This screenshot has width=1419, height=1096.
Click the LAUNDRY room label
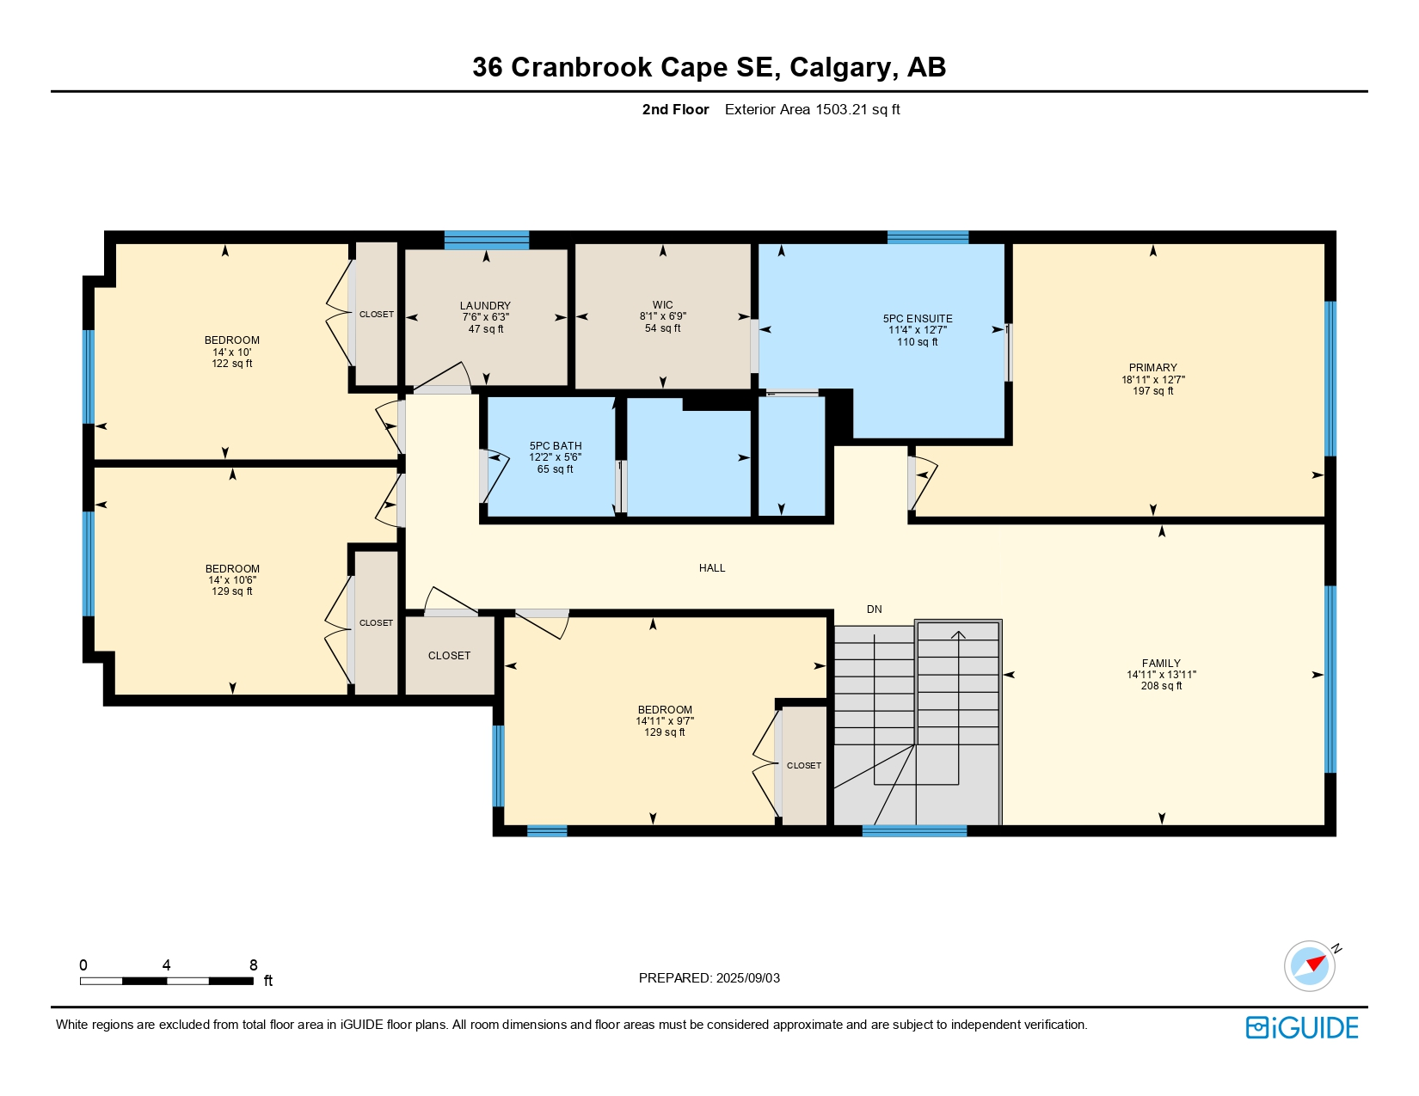[484, 305]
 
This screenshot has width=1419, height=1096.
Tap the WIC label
[662, 305]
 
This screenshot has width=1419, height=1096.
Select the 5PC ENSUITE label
[918, 319]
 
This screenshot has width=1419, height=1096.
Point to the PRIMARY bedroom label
[1152, 368]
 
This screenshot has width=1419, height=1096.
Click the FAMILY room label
[1161, 663]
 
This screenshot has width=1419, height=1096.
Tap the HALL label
[712, 568]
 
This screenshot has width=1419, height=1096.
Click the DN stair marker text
[874, 609]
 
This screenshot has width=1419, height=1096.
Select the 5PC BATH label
[555, 446]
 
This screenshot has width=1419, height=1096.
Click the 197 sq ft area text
[1152, 391]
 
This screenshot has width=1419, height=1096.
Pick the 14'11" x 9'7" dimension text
[665, 720]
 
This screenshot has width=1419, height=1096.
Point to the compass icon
[1310, 966]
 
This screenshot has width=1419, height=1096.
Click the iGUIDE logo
[1301, 1027]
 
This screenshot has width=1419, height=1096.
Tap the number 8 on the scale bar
[254, 964]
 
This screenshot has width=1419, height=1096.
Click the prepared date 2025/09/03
[747, 978]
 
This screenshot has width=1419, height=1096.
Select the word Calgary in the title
[840, 67]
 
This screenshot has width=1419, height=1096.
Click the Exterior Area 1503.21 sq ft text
[812, 109]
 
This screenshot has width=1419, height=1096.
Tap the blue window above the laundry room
[487, 240]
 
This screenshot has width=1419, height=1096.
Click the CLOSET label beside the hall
[449, 655]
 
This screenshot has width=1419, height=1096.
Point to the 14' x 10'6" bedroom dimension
[232, 579]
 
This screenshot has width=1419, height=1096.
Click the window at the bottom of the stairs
[914, 831]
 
